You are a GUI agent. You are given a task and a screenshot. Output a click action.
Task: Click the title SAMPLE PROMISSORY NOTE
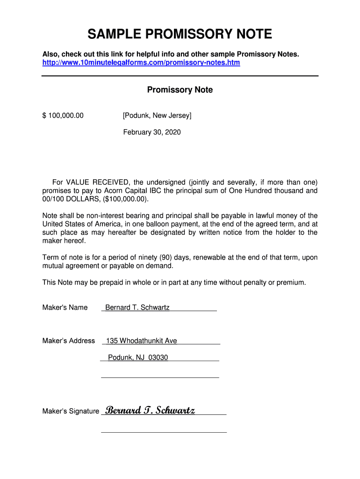tap(180, 34)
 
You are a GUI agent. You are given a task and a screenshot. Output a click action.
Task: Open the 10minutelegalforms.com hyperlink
tap(141, 62)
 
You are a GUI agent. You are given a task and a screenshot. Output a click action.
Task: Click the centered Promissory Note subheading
tap(180, 90)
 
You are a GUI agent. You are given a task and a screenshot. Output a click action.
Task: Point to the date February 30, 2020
tap(152, 132)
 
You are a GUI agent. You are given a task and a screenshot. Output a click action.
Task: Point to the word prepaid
tap(108, 283)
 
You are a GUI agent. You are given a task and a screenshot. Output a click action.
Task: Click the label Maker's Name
tap(65, 307)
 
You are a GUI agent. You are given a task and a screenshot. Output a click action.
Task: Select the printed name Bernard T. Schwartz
tap(137, 307)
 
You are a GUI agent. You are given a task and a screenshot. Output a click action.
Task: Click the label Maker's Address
tap(68, 341)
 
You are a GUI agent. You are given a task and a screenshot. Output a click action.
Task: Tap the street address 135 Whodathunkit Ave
tap(141, 341)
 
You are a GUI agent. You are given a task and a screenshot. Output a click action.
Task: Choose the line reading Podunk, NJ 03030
tap(138, 357)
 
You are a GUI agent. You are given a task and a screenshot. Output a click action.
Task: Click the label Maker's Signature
tap(71, 411)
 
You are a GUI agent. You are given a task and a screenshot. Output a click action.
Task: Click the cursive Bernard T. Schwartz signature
tap(150, 410)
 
